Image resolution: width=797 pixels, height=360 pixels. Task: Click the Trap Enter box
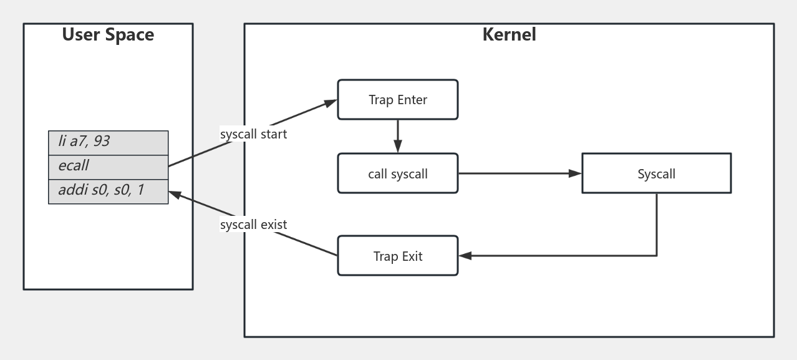tap(398, 100)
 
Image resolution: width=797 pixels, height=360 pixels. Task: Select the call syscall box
tap(398, 173)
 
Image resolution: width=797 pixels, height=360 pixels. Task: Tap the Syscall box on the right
tap(656, 173)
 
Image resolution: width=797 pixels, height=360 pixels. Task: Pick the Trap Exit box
tap(398, 256)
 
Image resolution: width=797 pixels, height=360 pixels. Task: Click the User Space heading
tap(108, 35)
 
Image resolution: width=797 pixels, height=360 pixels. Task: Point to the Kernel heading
tap(509, 34)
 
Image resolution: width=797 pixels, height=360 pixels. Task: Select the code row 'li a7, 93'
tap(108, 142)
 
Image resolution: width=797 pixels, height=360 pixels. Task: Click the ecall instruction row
tap(108, 166)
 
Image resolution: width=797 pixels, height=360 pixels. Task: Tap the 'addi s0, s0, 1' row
tap(108, 190)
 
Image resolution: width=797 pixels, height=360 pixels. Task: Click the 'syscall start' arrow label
tap(253, 134)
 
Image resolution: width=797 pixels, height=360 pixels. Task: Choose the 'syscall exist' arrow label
tap(253, 225)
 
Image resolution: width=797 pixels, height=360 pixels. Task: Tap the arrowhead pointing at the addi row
tap(175, 194)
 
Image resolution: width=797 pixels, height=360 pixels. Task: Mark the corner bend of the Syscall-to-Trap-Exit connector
tap(656, 256)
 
